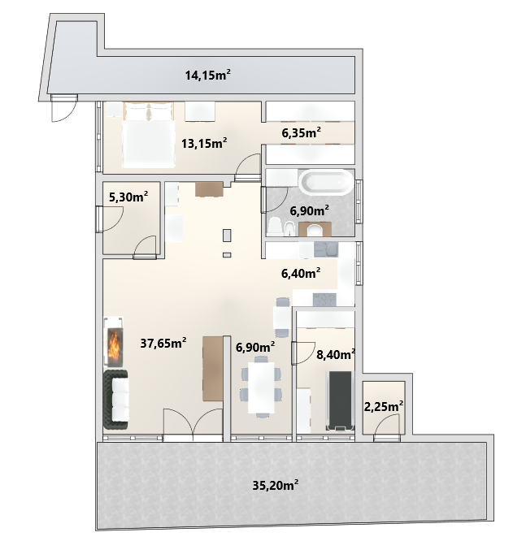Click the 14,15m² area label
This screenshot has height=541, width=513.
208,75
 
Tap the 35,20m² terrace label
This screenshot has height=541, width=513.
275,485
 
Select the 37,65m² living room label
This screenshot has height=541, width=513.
163,343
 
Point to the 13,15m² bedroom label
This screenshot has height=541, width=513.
204,143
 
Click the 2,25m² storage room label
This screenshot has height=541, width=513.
384,406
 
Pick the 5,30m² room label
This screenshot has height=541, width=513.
128,197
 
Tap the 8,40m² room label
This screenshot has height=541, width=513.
336,354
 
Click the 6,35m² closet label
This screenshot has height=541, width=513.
301,132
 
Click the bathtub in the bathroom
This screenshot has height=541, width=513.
326,182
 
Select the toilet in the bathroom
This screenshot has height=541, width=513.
275,227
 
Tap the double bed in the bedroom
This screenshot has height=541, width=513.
149,135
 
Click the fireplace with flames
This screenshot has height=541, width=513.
114,341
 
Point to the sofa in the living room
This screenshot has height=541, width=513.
116,400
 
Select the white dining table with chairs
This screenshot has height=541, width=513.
261,387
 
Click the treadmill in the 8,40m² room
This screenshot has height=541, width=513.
340,401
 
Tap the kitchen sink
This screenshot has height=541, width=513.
326,250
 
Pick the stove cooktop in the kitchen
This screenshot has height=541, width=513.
324,300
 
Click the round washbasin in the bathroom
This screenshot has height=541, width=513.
315,230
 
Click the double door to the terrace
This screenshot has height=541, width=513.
193,425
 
